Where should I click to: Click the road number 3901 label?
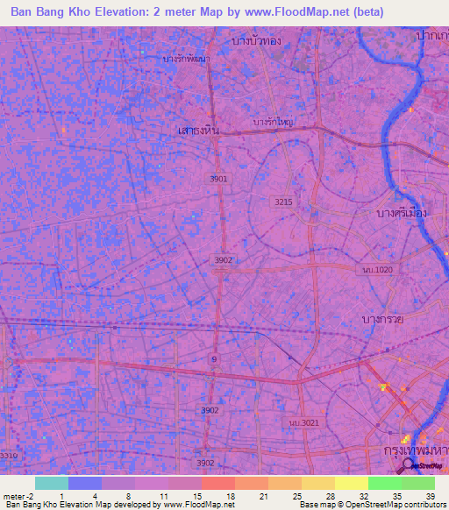[x=218, y=179]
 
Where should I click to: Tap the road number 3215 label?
[x=282, y=202]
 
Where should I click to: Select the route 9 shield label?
[x=215, y=359]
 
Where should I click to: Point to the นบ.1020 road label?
[x=378, y=269]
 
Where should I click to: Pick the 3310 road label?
[x=9, y=455]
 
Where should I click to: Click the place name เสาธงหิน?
[x=196, y=130]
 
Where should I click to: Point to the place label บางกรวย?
[x=383, y=320]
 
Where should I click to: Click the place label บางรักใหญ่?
[x=273, y=122]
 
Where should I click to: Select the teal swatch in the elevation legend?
[x=52, y=483]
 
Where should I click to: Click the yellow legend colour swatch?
[x=351, y=483]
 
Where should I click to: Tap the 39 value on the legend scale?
[x=430, y=495]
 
